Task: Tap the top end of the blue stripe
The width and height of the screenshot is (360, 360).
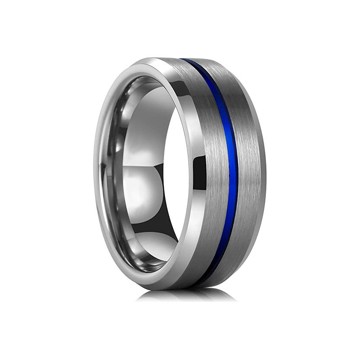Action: pos(185,60)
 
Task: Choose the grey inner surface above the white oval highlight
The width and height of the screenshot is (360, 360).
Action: pos(135,135)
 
